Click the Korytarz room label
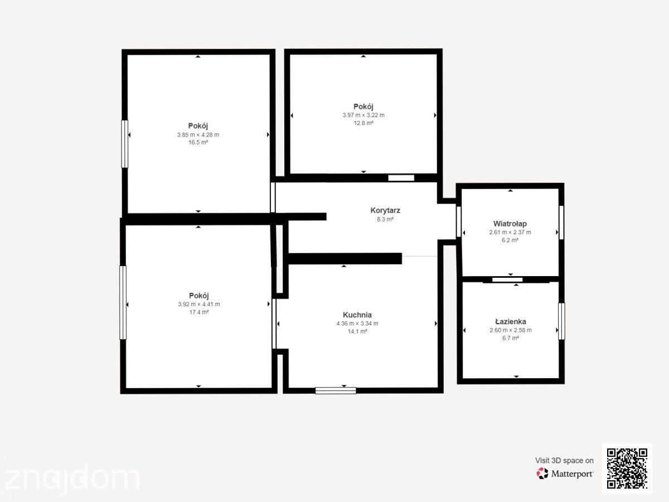point(385,210)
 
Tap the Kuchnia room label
point(357,315)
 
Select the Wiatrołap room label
point(510,224)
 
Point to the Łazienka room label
point(511,321)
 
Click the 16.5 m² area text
point(198,142)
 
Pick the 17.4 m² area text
point(199,312)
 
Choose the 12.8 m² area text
point(363,123)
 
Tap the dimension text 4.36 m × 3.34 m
point(357,324)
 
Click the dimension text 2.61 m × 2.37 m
point(510,232)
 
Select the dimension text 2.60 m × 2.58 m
point(511,330)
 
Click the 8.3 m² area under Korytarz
point(385,219)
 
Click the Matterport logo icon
point(542,474)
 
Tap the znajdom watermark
point(72,478)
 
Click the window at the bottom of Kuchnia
point(336,390)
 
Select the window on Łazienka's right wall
point(561,321)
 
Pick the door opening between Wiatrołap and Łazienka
point(507,279)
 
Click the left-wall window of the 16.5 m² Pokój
point(125,144)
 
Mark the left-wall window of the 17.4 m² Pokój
point(123,302)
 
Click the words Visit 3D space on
point(564,461)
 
